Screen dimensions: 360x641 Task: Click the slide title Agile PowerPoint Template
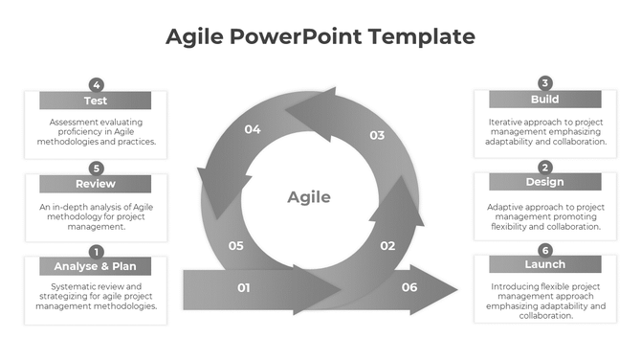point(320,36)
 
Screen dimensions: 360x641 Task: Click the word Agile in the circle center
point(309,197)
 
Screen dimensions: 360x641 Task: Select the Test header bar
point(95,101)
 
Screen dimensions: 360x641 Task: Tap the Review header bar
point(95,184)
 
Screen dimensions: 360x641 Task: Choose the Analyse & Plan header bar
point(95,266)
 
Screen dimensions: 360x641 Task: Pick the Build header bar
point(544,100)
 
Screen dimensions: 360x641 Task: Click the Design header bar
point(544,182)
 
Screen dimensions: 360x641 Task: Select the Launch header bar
point(544,264)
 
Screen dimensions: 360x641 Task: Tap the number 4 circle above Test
point(96,84)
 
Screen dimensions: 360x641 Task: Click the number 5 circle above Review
point(96,168)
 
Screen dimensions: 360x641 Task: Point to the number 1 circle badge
point(96,251)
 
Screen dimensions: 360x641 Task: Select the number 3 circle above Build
point(545,83)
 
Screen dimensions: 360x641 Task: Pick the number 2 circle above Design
point(545,167)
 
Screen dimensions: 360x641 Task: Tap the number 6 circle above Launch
point(545,249)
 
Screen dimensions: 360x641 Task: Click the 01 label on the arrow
point(244,287)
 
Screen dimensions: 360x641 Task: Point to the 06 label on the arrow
point(409,287)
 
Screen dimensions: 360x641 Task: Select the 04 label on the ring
point(253,129)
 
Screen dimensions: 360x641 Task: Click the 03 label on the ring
point(377,135)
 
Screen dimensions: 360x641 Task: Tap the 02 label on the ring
point(387,246)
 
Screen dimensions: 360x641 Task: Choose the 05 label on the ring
point(236,246)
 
